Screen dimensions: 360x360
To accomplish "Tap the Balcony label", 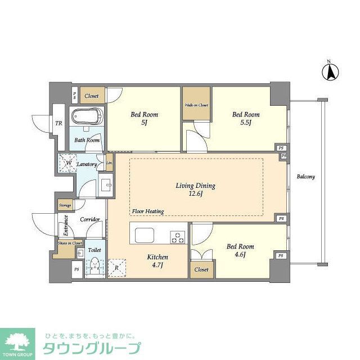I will coord(305,177).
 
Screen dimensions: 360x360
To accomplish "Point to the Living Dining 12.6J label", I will coord(196,190).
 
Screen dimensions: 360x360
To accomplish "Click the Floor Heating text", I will coord(148,211).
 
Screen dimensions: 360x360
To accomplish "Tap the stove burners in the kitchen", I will coord(178,237).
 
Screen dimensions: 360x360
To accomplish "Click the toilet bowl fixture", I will coord(95,264).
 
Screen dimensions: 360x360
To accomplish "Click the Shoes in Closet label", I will coord(70,243).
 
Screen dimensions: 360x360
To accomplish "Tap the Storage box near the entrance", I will coord(65,206).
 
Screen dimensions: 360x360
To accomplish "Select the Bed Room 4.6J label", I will coord(240,250).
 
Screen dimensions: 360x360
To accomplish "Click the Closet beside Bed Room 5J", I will coord(92,96).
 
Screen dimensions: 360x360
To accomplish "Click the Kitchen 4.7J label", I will coord(157,261).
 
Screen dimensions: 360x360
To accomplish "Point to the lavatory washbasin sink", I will coord(105,185).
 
